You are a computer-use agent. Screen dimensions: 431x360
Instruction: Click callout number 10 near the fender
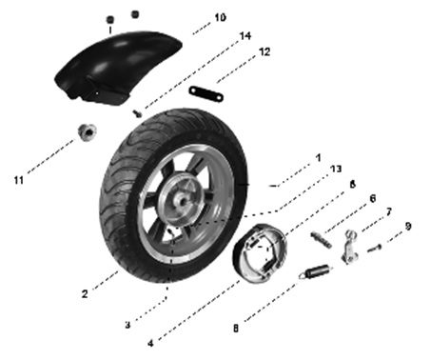click(x=220, y=17)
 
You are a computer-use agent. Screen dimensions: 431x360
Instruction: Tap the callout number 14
click(x=245, y=36)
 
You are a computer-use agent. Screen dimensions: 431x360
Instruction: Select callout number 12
click(x=264, y=51)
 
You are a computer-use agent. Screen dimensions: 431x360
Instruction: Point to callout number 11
click(x=19, y=180)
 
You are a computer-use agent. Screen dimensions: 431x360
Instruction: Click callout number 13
click(x=336, y=169)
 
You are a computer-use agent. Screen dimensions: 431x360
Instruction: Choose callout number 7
click(x=389, y=211)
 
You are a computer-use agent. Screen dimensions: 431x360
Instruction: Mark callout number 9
click(x=408, y=226)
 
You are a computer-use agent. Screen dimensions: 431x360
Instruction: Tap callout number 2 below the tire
click(x=85, y=294)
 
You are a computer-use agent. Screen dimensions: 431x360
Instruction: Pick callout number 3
click(x=127, y=325)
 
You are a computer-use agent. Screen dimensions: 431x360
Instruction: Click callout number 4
click(x=150, y=343)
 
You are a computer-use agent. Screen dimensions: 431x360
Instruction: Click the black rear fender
click(x=117, y=67)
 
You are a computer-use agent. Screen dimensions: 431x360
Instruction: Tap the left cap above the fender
click(x=110, y=19)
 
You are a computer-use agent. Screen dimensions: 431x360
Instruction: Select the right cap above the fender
click(x=135, y=14)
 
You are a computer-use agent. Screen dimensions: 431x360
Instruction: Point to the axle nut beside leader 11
click(x=88, y=132)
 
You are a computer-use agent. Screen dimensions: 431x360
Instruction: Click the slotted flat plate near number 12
click(x=206, y=94)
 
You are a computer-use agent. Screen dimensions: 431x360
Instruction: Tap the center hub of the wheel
click(x=182, y=201)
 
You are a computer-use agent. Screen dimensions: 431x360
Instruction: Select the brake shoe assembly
click(x=260, y=252)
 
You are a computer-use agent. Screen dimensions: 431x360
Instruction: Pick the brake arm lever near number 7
click(x=349, y=248)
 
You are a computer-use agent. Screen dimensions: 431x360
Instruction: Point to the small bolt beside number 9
click(x=375, y=249)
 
